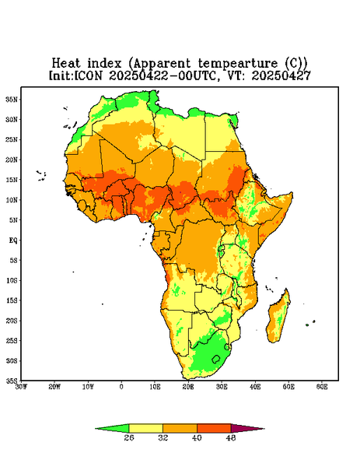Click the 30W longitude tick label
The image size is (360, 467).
pos(21,387)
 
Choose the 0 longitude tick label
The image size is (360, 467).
pos(121,387)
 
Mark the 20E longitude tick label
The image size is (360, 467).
pos(188,387)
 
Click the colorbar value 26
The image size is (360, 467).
pos(129,437)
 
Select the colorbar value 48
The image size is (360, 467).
pos(231,437)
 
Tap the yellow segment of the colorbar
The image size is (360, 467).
pos(145,429)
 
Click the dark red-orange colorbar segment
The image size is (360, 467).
pos(214,429)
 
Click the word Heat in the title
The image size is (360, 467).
pos(66,64)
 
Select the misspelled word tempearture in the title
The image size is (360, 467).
pos(238,64)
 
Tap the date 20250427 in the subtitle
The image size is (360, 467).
pos(281,75)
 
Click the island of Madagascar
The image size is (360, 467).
pos(278,318)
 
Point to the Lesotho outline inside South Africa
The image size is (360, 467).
pos(215,359)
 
